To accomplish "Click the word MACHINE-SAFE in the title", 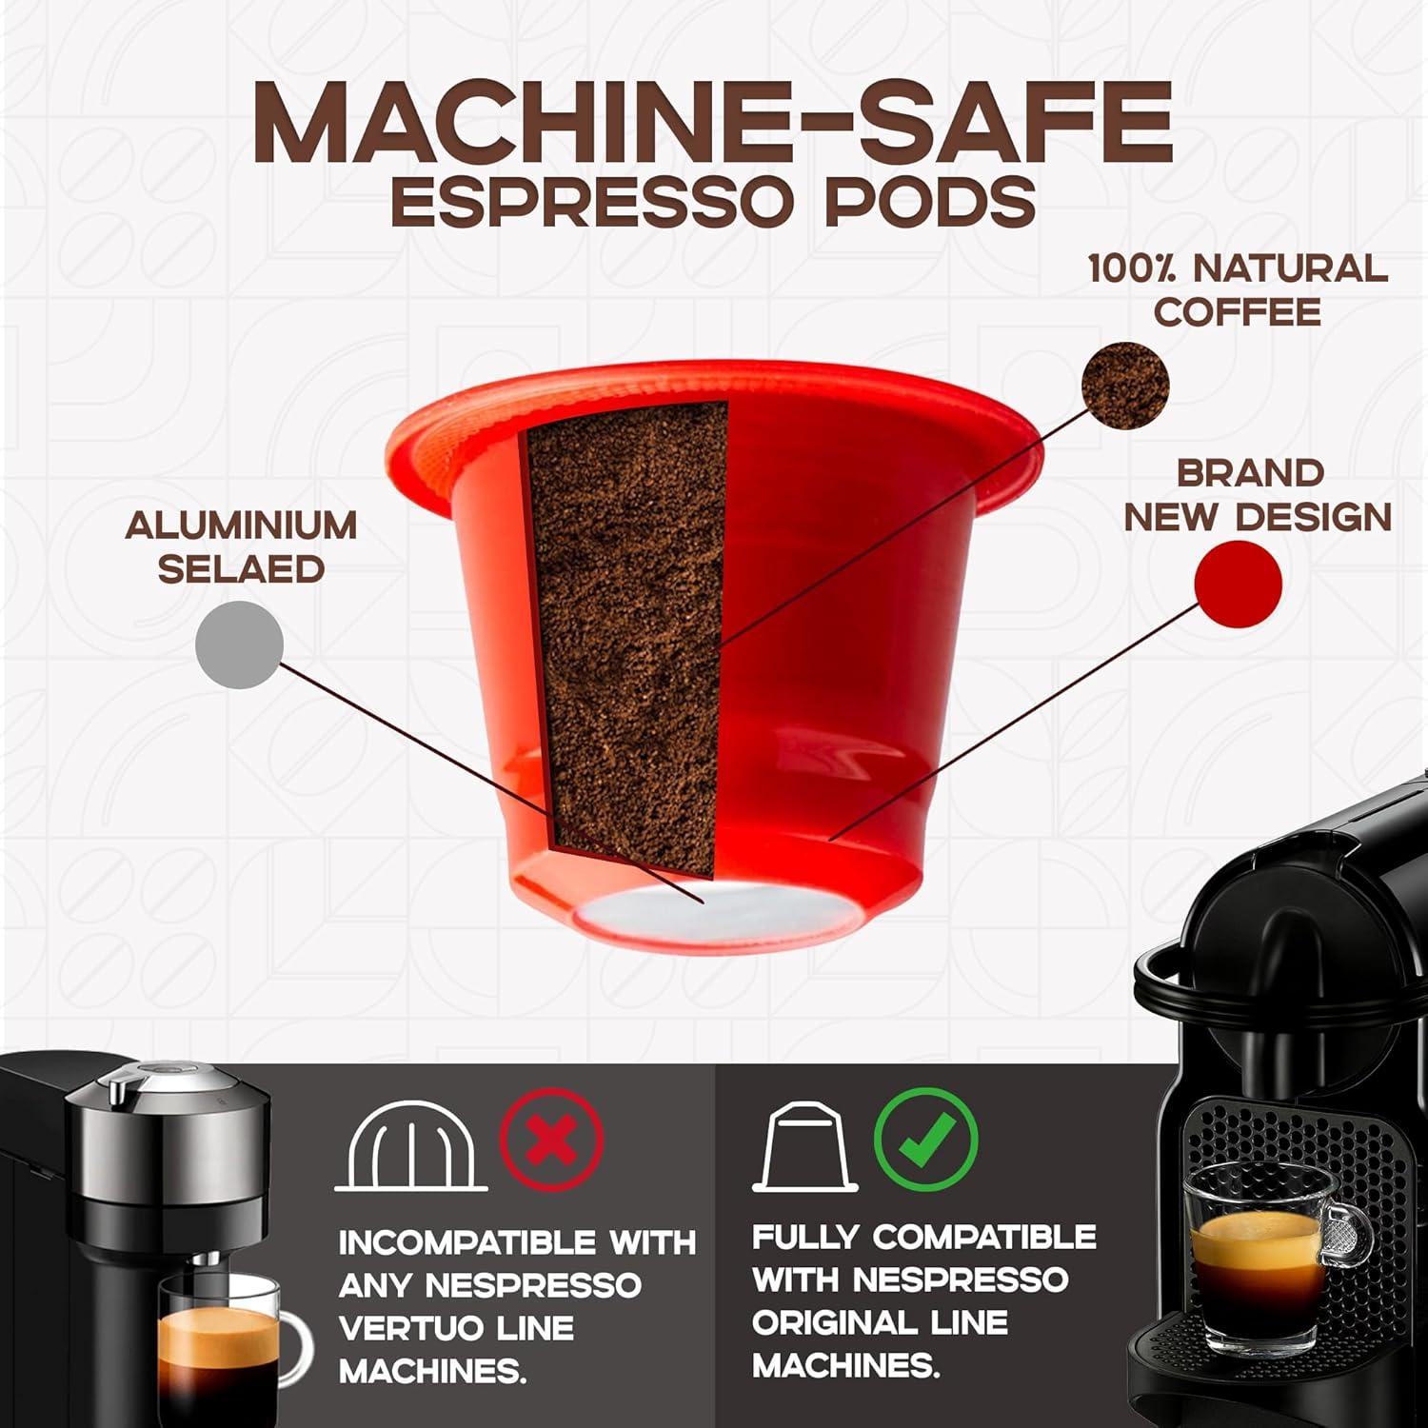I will point(712,125).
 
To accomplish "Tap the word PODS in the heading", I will point(929,201).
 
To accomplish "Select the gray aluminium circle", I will point(239,645).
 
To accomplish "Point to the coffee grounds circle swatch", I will point(1125,386).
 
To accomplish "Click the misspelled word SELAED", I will point(241,569).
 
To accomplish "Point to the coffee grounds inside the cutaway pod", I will point(624,619).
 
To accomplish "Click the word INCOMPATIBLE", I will point(466,1242).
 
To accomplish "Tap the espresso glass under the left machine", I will point(219,1352).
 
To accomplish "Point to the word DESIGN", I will point(1314,517).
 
